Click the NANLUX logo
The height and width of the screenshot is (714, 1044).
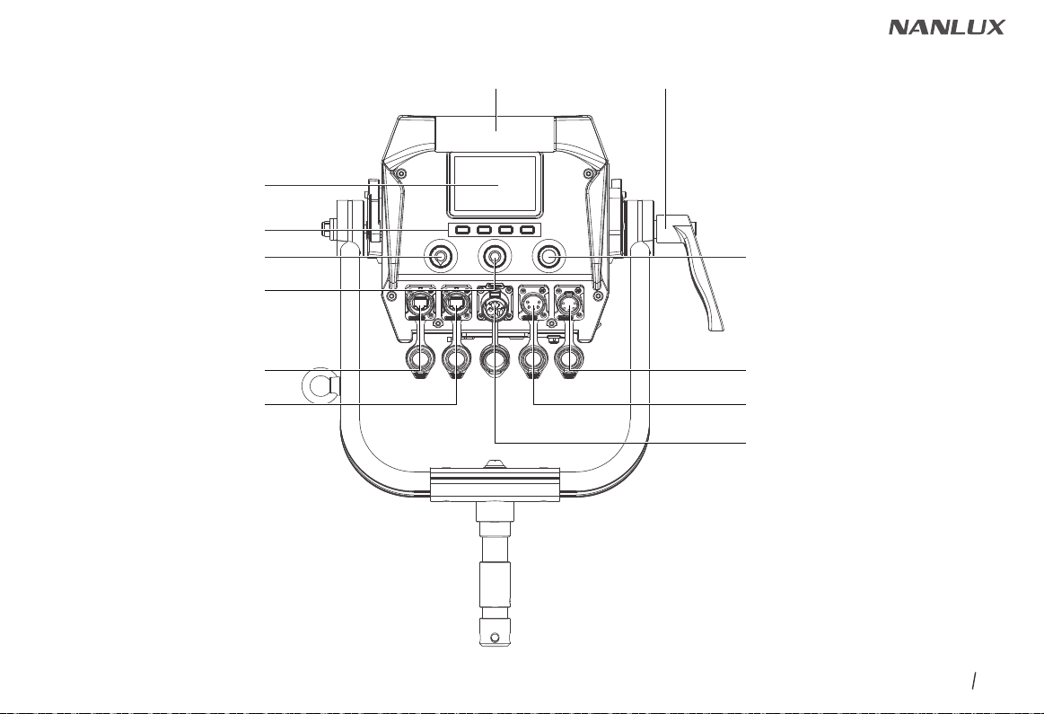click(947, 27)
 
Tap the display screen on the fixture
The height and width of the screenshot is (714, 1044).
click(494, 184)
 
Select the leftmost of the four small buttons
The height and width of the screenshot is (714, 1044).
click(463, 231)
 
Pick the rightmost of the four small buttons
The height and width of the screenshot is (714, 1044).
click(527, 231)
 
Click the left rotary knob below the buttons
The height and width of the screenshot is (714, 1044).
click(440, 257)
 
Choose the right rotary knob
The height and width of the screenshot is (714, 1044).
click(548, 257)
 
